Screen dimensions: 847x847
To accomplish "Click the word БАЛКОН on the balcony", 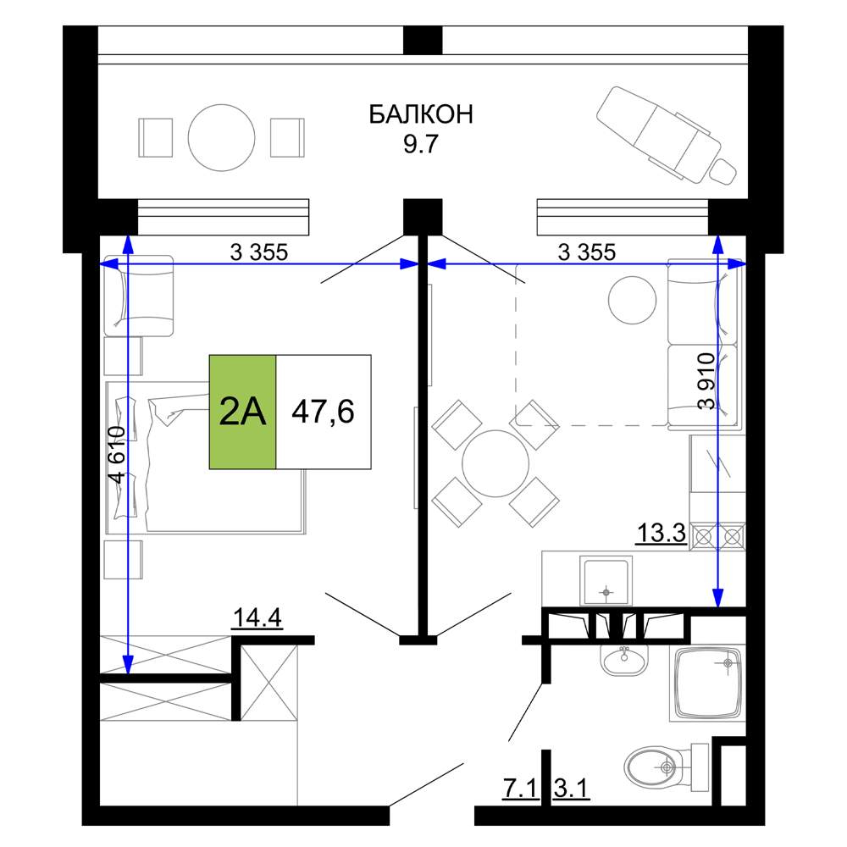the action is [421, 114].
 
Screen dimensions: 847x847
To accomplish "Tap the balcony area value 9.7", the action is [421, 144].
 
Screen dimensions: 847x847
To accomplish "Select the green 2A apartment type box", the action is [242, 412].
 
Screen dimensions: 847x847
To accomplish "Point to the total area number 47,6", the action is [323, 412].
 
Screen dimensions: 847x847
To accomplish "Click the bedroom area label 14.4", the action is [257, 617].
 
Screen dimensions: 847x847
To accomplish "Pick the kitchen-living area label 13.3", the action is [662, 533].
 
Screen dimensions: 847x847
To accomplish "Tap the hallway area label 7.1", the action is [520, 788].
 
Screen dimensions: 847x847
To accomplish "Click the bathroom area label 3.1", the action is [571, 788].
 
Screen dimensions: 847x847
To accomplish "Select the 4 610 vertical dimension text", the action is [117, 454].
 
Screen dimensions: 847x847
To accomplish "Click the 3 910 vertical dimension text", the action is [706, 381].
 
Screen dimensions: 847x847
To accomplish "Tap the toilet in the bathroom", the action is [666, 767].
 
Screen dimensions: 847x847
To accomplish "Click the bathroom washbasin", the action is [624, 660].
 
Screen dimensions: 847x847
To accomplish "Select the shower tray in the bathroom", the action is [707, 684].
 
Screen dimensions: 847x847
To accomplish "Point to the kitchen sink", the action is [606, 581].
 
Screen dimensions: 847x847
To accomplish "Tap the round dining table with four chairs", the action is [495, 463].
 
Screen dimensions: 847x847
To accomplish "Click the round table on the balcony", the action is [221, 138].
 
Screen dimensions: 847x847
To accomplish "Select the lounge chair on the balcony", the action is [667, 135].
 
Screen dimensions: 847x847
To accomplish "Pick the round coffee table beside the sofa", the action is [632, 300].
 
